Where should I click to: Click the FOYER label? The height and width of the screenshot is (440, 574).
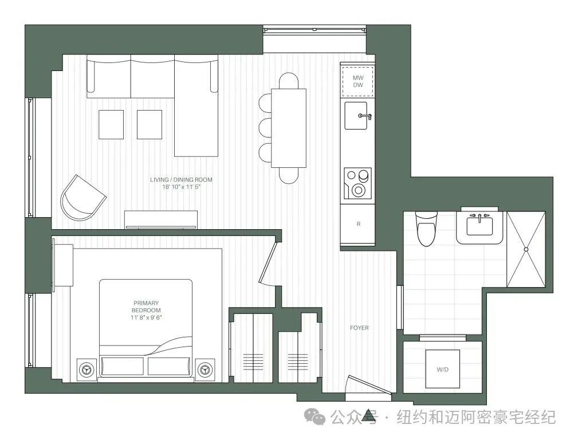[359, 328]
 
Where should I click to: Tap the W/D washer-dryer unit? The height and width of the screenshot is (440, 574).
[443, 369]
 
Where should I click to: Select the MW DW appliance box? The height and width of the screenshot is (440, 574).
[357, 81]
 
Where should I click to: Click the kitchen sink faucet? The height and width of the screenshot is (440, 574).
[365, 116]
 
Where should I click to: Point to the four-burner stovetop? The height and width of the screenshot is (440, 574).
[357, 183]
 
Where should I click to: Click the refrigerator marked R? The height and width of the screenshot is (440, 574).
[358, 224]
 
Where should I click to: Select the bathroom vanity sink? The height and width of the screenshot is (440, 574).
[479, 225]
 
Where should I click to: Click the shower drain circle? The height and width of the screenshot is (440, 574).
[526, 249]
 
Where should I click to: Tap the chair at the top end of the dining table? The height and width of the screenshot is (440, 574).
[289, 81]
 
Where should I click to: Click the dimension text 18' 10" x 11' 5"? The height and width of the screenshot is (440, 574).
[182, 187]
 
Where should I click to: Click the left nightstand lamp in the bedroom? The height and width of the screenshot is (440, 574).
[87, 370]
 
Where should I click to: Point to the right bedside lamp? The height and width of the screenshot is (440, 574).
[205, 370]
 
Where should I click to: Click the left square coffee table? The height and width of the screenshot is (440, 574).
[111, 124]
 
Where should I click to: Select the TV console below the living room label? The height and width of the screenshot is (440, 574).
[161, 219]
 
